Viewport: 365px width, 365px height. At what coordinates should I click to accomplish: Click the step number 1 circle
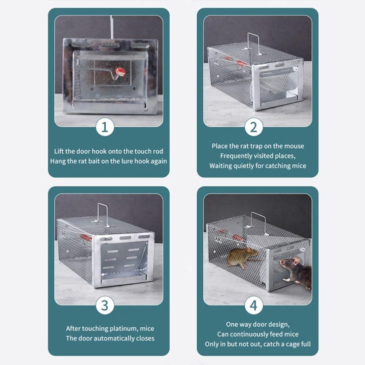(x=105, y=127)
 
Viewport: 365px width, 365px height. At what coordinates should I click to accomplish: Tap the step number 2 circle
(x=253, y=127)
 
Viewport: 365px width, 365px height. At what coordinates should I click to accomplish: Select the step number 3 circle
(x=105, y=305)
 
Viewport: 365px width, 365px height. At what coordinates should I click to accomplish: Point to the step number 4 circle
(x=253, y=305)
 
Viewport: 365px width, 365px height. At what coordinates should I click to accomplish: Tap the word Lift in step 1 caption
(x=59, y=151)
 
